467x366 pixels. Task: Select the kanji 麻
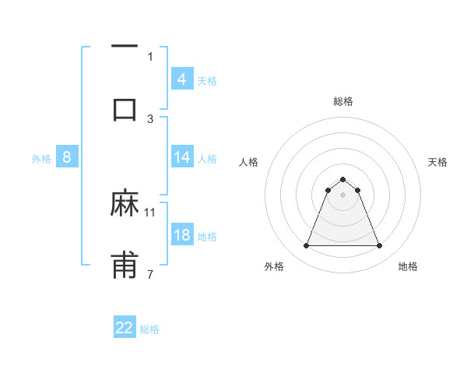click(x=125, y=203)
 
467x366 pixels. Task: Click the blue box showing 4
click(x=181, y=79)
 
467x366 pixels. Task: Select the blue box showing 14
click(x=181, y=157)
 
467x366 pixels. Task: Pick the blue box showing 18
click(x=181, y=235)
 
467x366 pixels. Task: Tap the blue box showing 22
click(x=125, y=328)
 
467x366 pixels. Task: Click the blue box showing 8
click(x=66, y=157)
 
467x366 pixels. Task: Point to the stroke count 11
click(x=150, y=211)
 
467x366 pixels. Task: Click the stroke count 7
click(x=150, y=273)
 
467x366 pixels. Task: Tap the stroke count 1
click(x=150, y=55)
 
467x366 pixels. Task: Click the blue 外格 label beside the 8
click(x=41, y=158)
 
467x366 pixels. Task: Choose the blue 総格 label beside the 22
click(x=149, y=329)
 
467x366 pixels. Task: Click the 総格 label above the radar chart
click(x=342, y=101)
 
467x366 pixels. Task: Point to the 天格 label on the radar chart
click(x=438, y=162)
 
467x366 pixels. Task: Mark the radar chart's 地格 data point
click(x=379, y=246)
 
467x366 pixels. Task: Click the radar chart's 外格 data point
click(x=306, y=246)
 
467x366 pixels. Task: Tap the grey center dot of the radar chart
click(x=342, y=195)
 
